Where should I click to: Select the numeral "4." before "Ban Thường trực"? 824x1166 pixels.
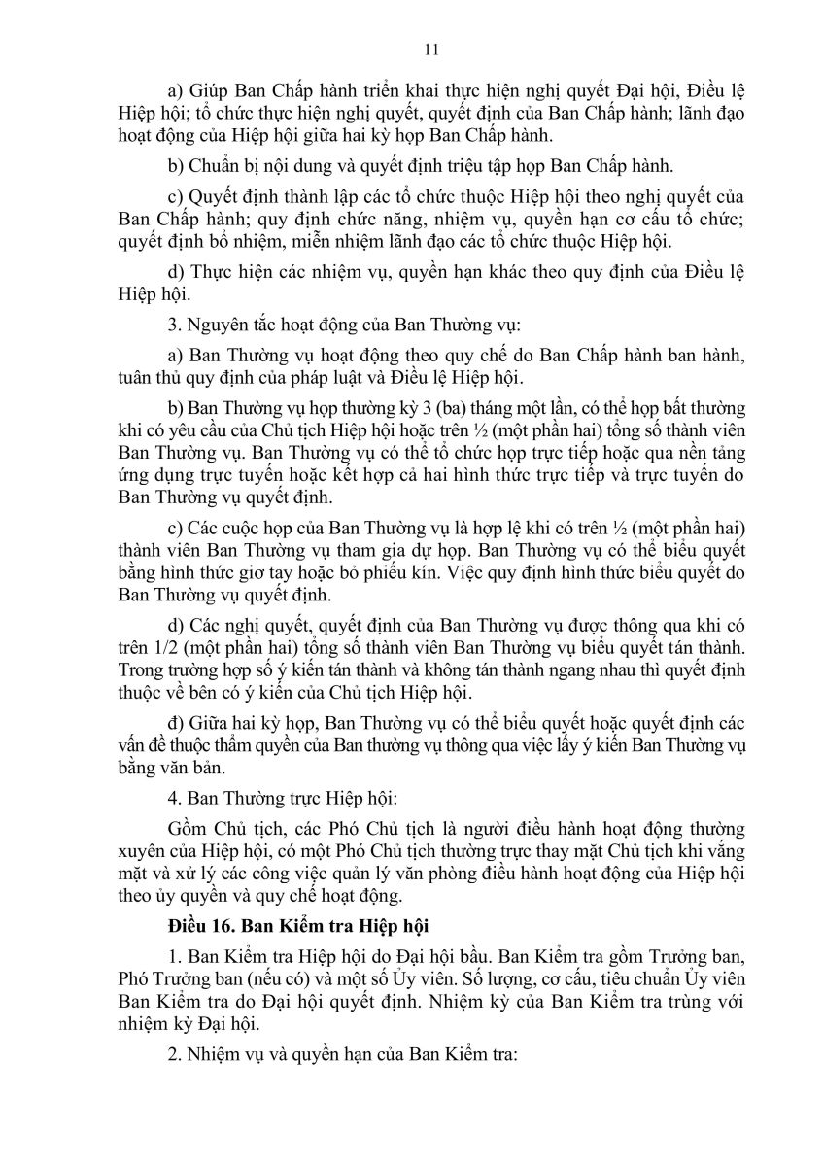click(x=174, y=800)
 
